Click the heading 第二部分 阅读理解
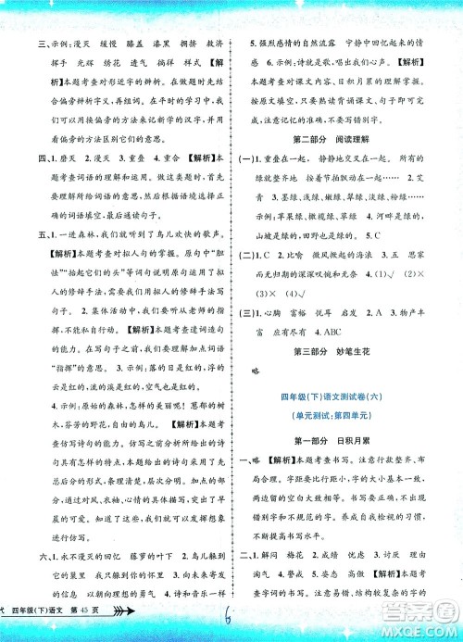coord(336,141)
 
